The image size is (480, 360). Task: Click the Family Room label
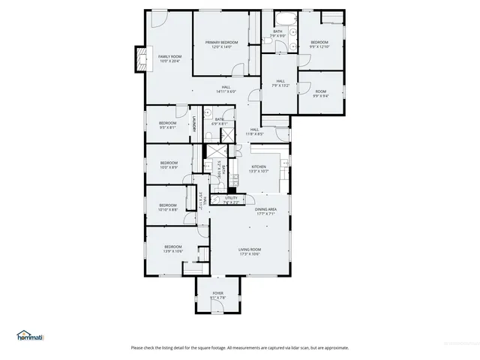169,58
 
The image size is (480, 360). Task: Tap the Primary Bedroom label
222,44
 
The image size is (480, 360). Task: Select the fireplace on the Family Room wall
138,59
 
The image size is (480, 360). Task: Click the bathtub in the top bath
285,17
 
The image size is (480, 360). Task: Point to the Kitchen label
259,169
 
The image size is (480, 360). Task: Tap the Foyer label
217,295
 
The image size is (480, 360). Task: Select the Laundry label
195,124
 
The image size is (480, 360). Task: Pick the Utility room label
231,200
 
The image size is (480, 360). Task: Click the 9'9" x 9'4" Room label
320,93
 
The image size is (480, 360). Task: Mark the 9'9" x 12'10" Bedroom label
320,43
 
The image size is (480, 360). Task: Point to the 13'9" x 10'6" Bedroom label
173,248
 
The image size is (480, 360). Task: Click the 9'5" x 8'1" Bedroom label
167,124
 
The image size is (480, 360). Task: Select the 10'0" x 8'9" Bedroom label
169,165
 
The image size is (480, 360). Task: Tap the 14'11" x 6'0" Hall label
226,89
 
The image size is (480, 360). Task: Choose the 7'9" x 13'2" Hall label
280,82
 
